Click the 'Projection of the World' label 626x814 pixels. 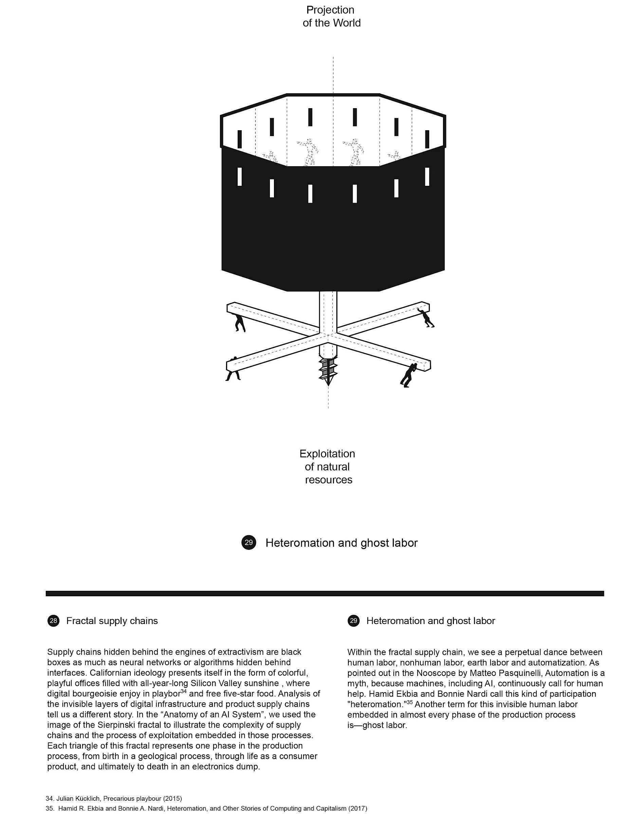coord(331,16)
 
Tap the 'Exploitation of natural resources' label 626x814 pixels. coord(328,466)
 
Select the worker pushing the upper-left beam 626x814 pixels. coord(240,322)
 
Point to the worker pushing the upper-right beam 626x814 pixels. coord(426,318)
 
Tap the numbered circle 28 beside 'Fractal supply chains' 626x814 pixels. coord(53,620)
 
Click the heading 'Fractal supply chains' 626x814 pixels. coord(112,621)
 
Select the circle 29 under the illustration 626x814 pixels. coord(248,542)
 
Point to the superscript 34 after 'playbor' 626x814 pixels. coord(183,692)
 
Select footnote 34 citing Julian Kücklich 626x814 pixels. coord(114,798)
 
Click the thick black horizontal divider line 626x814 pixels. coord(325,593)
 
